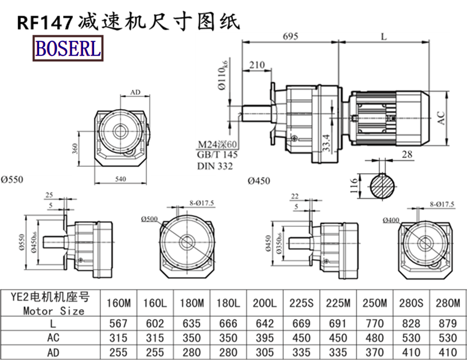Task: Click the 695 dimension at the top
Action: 290,36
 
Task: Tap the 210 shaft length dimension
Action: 257,64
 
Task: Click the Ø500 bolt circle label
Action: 149,219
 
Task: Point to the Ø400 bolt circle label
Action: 391,220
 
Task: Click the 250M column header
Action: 374,304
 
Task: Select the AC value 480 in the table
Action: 374,337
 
